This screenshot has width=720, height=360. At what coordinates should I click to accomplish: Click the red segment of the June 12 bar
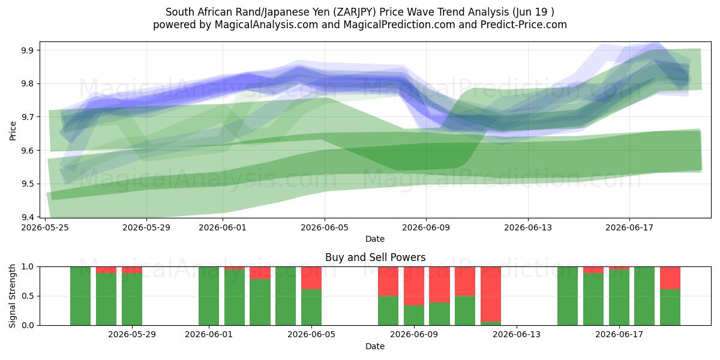click(491, 294)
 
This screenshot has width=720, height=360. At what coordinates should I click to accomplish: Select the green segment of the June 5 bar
click(311, 307)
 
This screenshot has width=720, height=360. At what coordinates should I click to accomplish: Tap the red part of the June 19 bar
click(670, 278)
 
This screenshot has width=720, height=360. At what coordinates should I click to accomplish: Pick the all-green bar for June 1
click(209, 296)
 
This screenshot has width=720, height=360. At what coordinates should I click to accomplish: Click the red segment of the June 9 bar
click(414, 286)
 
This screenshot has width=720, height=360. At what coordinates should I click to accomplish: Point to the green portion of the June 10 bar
click(439, 314)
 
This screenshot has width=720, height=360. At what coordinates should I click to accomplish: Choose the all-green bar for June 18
click(644, 296)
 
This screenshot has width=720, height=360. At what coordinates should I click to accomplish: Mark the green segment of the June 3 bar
click(260, 302)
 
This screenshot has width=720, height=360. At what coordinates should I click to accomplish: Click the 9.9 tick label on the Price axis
click(28, 50)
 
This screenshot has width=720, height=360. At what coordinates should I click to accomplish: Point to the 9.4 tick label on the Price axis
click(28, 217)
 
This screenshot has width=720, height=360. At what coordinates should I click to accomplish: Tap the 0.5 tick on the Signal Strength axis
click(28, 296)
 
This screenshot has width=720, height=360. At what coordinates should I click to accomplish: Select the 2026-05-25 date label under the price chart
click(44, 227)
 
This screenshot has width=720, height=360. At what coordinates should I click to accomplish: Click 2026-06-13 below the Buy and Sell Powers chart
click(517, 335)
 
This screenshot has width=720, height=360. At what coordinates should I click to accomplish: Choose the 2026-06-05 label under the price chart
click(325, 227)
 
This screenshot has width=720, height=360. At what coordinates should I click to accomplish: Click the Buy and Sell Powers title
click(375, 257)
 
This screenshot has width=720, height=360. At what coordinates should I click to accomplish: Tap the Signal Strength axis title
click(12, 296)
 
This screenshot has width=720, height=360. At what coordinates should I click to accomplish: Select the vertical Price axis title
click(13, 131)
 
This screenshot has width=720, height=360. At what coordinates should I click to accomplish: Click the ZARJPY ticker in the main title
click(354, 12)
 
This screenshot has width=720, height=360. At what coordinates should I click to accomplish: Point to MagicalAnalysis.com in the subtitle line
click(266, 25)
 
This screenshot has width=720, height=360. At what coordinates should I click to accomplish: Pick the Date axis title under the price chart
click(375, 239)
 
